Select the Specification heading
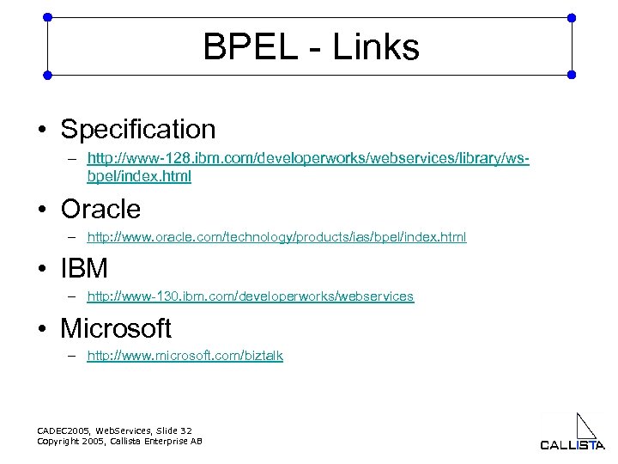tap(138, 130)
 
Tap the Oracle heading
tap(100, 209)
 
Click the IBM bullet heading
tap(84, 269)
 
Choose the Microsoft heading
tap(116, 328)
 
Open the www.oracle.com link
tap(276, 236)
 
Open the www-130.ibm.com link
tap(250, 296)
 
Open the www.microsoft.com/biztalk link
tap(185, 356)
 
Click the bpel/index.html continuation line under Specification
tap(139, 177)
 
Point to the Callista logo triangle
tap(585, 427)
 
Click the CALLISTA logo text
tap(572, 445)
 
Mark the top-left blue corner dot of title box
tap(47, 16)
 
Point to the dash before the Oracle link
tap(75, 237)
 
